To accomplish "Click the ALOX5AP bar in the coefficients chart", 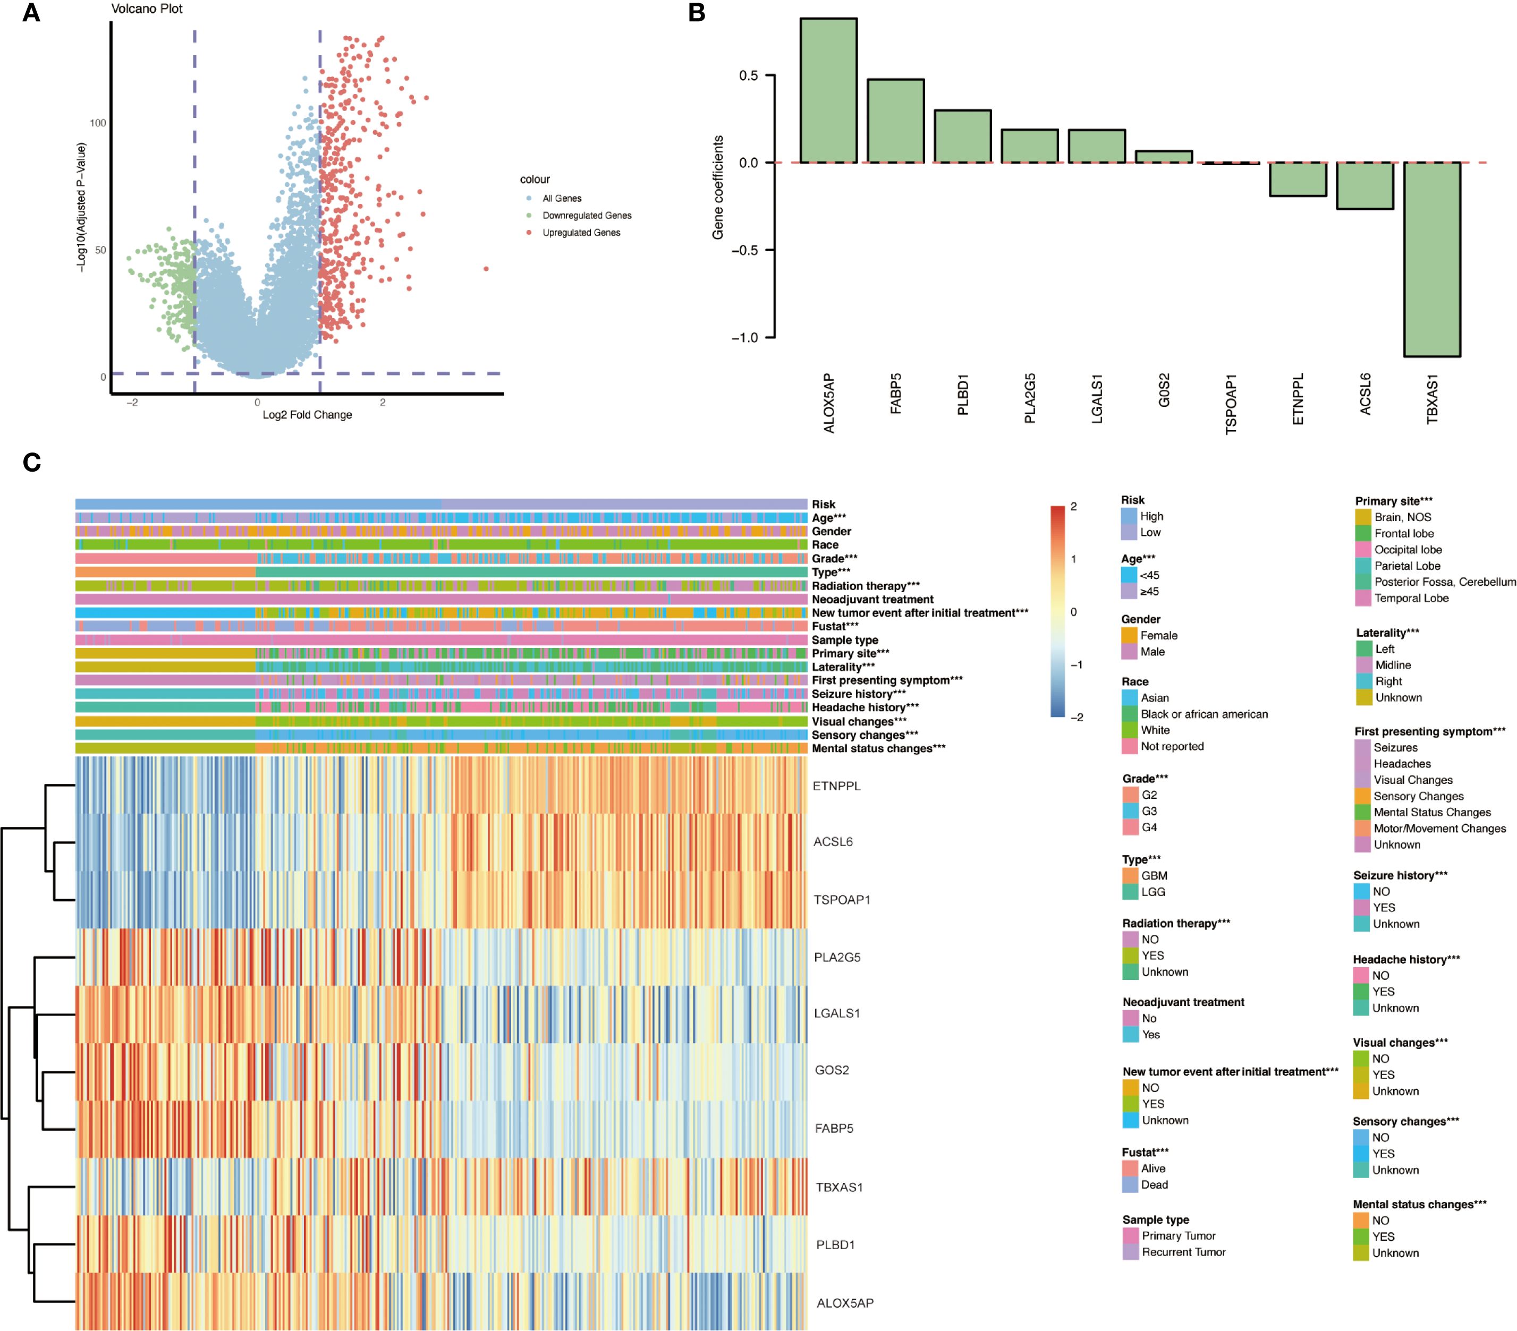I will (828, 90).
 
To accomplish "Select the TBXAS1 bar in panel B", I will (1431, 259).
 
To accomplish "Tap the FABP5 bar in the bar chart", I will (895, 121).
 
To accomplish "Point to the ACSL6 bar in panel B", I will (1365, 185).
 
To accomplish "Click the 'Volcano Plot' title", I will (146, 9).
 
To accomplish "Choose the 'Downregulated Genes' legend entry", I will (586, 216).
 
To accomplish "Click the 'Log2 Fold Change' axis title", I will (307, 415).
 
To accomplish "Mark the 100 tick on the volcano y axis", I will (98, 123).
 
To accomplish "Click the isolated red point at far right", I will (486, 269).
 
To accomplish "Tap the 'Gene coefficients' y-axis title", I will (718, 187).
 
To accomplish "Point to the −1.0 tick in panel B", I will (744, 338).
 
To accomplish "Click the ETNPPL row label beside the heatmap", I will (836, 786).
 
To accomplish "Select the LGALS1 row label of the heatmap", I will (836, 1013).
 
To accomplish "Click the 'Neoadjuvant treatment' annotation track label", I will (872, 600).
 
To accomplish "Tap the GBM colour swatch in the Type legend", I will (1130, 875).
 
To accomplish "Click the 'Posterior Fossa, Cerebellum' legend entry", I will (1444, 582).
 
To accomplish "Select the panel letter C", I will (31, 462).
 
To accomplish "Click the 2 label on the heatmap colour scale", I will (1073, 507).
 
